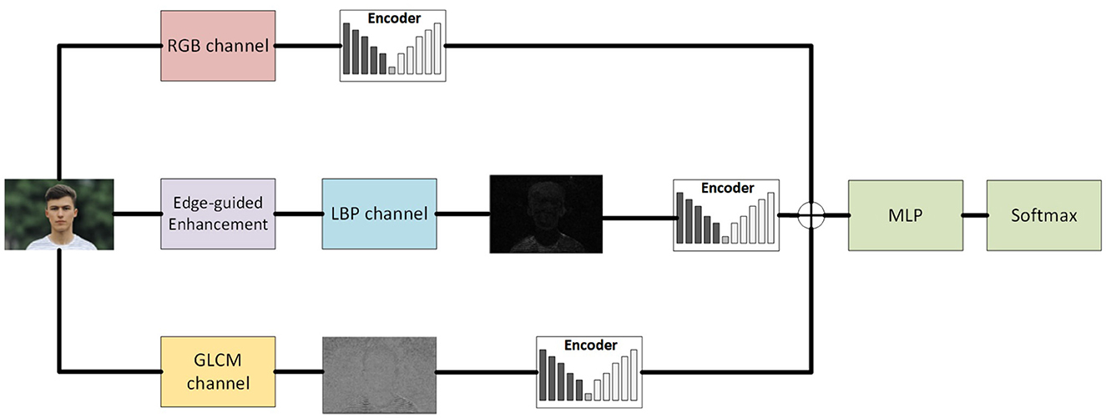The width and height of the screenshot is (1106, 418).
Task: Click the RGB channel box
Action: tap(218, 46)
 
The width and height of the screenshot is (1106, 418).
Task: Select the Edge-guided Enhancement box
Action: tap(218, 214)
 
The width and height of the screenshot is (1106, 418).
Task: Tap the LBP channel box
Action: tap(379, 214)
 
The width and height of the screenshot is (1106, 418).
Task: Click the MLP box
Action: tap(905, 215)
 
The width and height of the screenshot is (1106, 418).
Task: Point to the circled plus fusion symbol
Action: tap(810, 215)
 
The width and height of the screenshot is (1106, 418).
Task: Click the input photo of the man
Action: tap(58, 214)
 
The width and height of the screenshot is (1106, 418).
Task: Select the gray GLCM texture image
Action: tap(379, 375)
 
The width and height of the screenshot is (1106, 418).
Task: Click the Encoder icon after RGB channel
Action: tap(393, 46)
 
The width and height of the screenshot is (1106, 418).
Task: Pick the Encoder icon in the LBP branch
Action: tap(726, 215)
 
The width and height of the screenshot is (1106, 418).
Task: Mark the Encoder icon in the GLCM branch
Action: tap(589, 372)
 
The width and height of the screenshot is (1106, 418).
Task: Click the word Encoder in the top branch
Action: tap(394, 18)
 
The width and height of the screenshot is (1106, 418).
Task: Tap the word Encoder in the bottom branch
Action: tap(590, 345)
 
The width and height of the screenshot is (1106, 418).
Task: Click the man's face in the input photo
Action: tap(61, 208)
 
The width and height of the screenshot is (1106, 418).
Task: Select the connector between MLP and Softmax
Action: tap(973, 215)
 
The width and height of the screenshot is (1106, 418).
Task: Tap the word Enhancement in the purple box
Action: tap(218, 224)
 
